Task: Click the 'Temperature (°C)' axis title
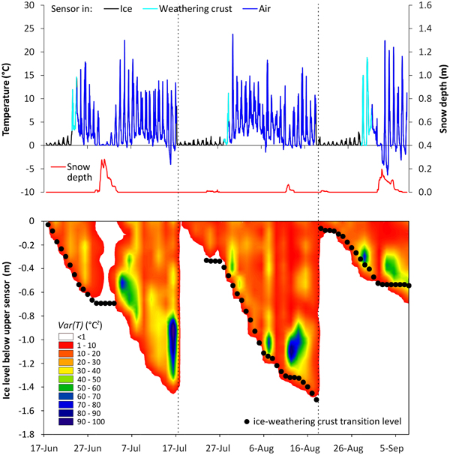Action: point(7,98)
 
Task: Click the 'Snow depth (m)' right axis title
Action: point(444,98)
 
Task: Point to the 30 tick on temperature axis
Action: point(30,5)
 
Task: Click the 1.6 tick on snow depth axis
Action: point(419,5)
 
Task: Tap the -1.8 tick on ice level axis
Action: point(28,434)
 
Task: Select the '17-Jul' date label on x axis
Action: point(176,447)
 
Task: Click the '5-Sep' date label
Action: point(392,447)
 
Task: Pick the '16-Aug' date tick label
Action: point(306,447)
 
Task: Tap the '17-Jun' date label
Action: point(46,447)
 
